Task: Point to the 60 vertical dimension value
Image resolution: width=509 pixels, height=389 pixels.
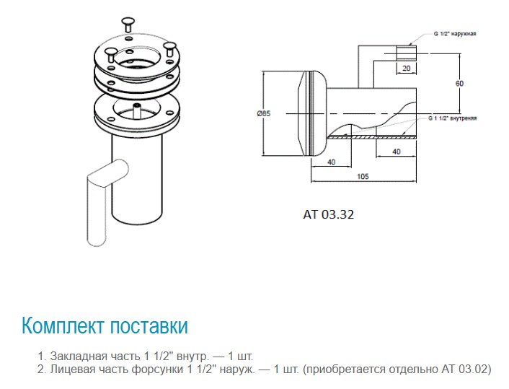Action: [x=459, y=83]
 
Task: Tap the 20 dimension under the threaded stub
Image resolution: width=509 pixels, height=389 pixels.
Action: [x=407, y=67]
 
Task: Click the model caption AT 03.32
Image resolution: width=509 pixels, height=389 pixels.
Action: [x=328, y=214]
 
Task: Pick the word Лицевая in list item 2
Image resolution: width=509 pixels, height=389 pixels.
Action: [x=74, y=369]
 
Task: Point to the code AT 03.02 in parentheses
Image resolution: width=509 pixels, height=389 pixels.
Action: [x=463, y=369]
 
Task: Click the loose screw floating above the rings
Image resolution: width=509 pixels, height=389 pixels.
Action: [x=128, y=21]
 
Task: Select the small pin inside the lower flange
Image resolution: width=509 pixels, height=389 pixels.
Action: [x=136, y=109]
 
